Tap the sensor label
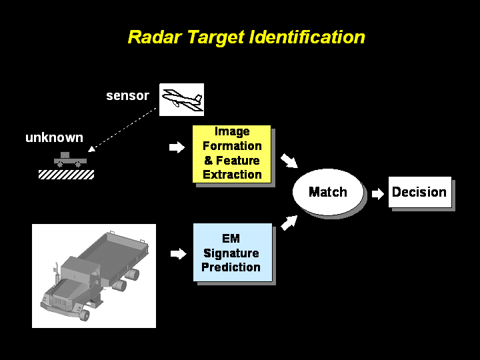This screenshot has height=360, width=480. click(x=127, y=95)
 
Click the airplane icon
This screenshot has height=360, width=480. click(x=181, y=99)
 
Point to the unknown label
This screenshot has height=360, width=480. click(x=54, y=138)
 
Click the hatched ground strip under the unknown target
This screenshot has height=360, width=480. click(x=66, y=174)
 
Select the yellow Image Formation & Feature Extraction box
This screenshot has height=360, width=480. click(x=232, y=153)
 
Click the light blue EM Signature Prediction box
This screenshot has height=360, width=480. click(x=232, y=253)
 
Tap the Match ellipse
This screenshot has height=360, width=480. click(x=328, y=192)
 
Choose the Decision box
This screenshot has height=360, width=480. click(x=419, y=192)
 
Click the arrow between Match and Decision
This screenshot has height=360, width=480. click(x=378, y=193)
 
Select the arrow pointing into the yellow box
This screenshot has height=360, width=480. click(x=177, y=147)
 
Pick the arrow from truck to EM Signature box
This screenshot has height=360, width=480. click(x=178, y=253)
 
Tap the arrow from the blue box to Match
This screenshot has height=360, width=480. click(x=288, y=223)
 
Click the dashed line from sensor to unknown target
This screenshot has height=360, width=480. click(x=123, y=128)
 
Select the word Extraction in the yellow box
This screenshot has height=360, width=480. click(x=232, y=175)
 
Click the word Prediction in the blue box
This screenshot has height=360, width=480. click(x=231, y=267)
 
